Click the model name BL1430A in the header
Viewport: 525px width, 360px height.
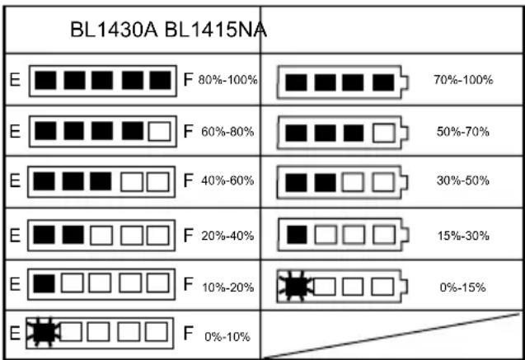click(114, 30)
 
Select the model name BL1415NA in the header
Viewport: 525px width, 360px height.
click(216, 30)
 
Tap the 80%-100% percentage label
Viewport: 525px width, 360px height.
click(227, 80)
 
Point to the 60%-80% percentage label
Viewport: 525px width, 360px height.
click(227, 132)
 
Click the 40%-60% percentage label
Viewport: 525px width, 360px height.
click(227, 180)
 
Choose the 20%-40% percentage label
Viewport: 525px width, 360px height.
click(227, 236)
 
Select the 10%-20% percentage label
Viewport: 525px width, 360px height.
click(227, 288)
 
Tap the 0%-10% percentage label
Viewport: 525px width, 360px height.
click(227, 337)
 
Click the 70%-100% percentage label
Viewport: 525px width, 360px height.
click(463, 80)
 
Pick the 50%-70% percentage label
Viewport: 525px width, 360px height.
click(463, 132)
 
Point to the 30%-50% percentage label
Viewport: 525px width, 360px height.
click(463, 180)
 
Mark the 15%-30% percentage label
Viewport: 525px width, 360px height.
click(463, 236)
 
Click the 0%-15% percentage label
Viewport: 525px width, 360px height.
click(462, 288)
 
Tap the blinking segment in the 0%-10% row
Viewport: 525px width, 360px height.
click(44, 331)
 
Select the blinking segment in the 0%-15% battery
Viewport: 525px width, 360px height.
click(295, 287)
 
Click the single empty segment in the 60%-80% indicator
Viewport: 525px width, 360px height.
click(159, 131)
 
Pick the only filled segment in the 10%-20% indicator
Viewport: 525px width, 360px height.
click(45, 283)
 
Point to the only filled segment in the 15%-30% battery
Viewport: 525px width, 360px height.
click(297, 235)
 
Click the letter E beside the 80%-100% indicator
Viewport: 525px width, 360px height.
click(15, 80)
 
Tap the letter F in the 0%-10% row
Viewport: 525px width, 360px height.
click(188, 333)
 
